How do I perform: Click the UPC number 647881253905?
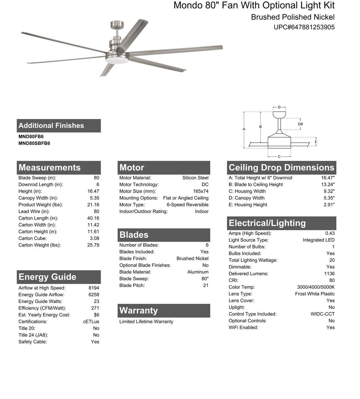coord(304,27)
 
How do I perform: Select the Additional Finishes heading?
coord(51,126)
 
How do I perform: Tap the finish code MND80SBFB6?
coord(34,143)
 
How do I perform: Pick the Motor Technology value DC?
coord(205,184)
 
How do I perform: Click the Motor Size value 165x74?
coord(200,191)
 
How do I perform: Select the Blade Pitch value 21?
coord(205,285)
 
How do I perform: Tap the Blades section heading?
coord(134,235)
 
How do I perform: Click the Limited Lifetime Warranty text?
coord(146,322)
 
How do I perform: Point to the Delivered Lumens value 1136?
coord(329,274)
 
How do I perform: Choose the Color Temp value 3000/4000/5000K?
coord(316,287)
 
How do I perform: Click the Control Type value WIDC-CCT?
coord(322,314)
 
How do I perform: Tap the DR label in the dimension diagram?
coord(300,124)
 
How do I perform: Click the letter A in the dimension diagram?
coord(244,129)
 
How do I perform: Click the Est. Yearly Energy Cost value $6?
coord(96,315)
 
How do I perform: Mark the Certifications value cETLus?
coord(91,322)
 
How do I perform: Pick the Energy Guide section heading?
coord(47,277)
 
